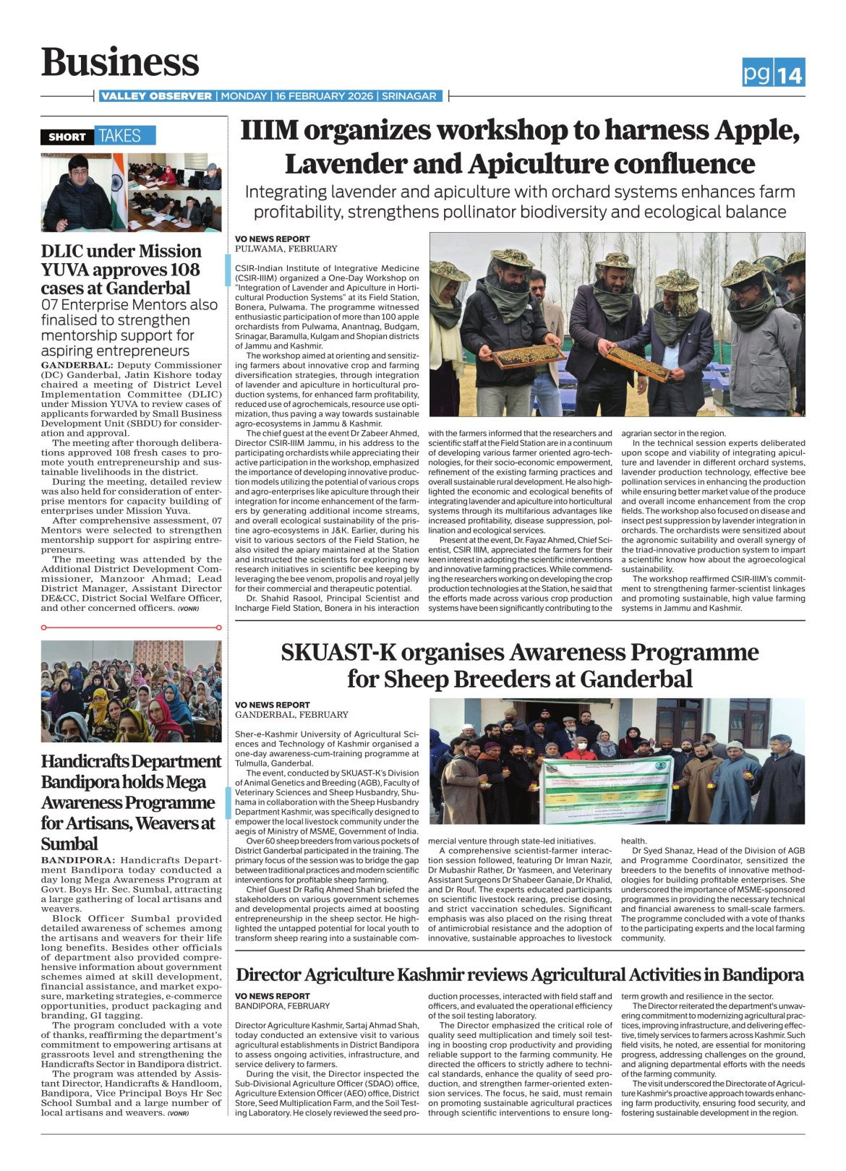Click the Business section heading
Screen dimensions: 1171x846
pos(120,62)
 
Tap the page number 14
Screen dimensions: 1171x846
pos(790,74)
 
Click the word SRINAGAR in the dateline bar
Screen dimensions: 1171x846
pos(409,96)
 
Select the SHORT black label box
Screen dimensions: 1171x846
pos(67,137)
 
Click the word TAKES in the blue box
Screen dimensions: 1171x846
pos(120,136)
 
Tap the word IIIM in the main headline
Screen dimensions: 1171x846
pos(269,131)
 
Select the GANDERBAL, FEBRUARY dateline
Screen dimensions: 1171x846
pos(291,714)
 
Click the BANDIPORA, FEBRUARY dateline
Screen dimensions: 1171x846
pos(282,1005)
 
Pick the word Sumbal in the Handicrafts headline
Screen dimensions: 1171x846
pos(69,844)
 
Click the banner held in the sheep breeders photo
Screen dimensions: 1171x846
pos(607,789)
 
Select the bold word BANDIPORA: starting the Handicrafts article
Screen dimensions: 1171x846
pos(77,860)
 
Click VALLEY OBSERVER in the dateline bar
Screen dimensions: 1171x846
pos(156,96)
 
